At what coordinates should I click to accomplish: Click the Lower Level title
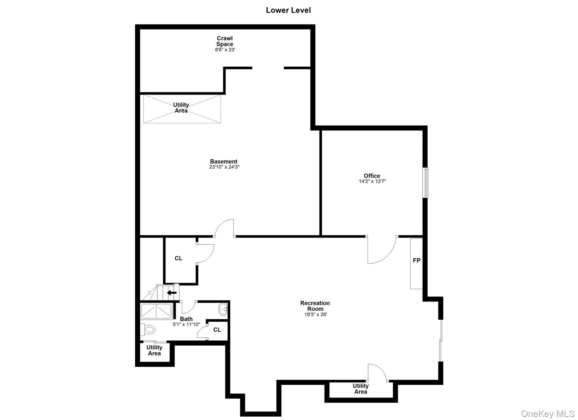(288, 10)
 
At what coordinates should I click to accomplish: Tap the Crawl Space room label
(225, 41)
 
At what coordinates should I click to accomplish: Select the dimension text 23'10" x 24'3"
(224, 167)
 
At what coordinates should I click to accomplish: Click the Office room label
(372, 176)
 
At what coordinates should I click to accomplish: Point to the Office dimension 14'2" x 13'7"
(372, 181)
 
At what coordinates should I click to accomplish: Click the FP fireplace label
(417, 261)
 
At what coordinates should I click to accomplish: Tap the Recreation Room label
(315, 306)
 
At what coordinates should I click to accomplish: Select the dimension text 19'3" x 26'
(315, 315)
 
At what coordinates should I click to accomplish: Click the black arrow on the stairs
(172, 293)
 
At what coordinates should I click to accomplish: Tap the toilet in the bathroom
(148, 329)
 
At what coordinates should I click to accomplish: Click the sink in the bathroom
(223, 310)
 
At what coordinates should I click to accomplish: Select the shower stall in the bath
(156, 311)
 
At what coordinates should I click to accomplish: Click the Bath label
(186, 319)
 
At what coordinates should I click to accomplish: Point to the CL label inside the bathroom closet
(217, 330)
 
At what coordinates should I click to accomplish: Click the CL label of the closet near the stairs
(178, 258)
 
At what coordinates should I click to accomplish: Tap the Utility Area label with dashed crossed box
(181, 108)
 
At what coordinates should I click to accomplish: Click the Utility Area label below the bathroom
(154, 350)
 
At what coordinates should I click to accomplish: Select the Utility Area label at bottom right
(360, 389)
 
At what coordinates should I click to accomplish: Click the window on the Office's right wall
(425, 182)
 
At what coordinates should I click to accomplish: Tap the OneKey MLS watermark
(548, 414)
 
